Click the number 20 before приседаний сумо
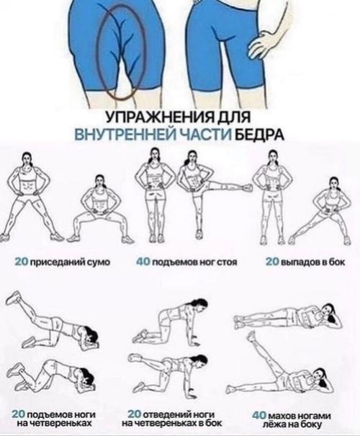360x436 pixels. coord(22,262)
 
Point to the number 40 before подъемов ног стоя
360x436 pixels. coord(143,262)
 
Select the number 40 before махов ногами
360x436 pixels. coord(260,416)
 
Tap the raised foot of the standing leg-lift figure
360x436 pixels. coord(247,188)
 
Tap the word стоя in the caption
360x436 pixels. coord(227,262)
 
